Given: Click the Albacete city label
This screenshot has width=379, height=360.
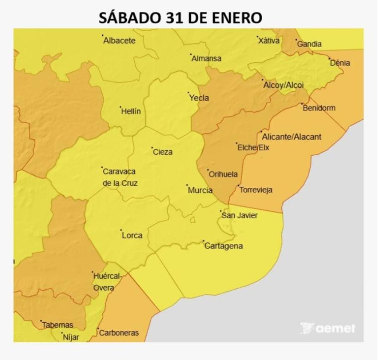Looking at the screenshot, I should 119,41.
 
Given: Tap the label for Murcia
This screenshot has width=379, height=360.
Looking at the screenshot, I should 200,190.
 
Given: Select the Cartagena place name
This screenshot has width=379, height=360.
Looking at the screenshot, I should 224,246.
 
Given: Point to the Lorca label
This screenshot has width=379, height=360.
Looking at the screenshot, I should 132,235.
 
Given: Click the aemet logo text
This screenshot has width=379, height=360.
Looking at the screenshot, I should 335,329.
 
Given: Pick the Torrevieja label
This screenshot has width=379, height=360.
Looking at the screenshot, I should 256,190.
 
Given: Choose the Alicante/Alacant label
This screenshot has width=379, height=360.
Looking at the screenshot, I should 292,137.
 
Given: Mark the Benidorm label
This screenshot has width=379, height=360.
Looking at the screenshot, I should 319,108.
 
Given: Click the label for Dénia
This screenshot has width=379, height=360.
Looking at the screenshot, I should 340,63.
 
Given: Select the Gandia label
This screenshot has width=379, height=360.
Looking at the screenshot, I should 309,44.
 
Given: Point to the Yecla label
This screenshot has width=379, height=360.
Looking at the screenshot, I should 199,98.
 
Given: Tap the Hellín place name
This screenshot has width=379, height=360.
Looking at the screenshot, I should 131,111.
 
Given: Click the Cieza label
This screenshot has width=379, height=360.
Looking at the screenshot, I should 163,152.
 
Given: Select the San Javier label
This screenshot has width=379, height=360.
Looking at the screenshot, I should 239,216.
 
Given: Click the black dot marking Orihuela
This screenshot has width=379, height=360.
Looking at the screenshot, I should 208,170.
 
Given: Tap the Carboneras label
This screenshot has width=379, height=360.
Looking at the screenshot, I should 119,333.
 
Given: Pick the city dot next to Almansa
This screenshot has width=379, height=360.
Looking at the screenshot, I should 191,54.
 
